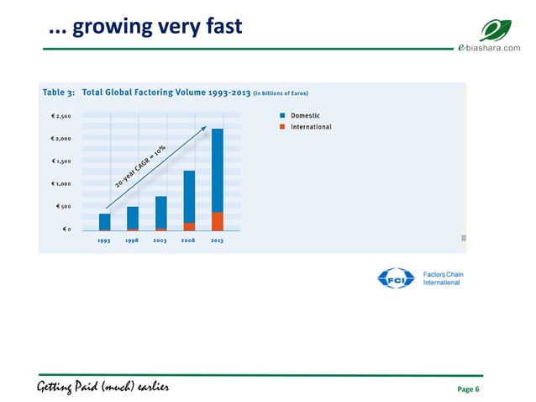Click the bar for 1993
pyautogui.click(x=104, y=221)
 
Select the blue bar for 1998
pyautogui.click(x=133, y=217)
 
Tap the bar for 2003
pyautogui.click(x=160, y=212)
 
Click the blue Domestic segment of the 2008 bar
pyautogui.click(x=189, y=196)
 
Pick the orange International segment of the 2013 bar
pyautogui.click(x=217, y=221)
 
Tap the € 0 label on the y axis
pyautogui.click(x=66, y=229)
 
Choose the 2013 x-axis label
pyautogui.click(x=217, y=241)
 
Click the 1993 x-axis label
pyautogui.click(x=104, y=241)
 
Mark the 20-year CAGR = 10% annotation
pyautogui.click(x=140, y=167)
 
